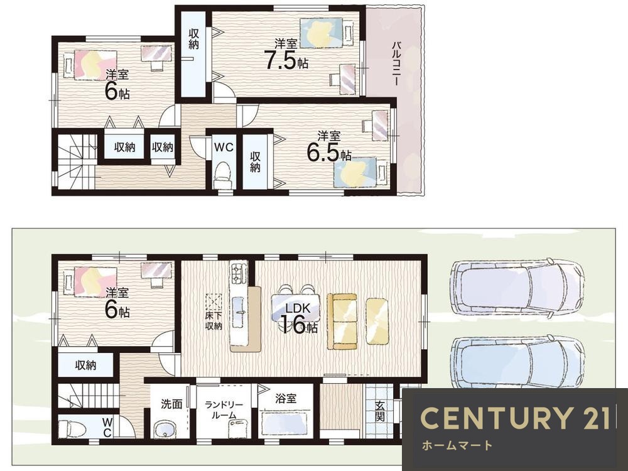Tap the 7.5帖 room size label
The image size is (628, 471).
click(286, 61)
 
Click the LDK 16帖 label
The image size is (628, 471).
click(298, 318)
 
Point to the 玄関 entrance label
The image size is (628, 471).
click(380, 411)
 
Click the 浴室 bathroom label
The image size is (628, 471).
click(286, 399)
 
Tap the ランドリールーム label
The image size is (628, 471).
click(224, 410)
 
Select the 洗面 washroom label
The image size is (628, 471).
click(171, 404)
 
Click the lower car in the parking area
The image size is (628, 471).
click(517, 361)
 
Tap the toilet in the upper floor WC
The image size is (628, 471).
click(223, 175)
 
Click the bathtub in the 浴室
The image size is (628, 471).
click(284, 424)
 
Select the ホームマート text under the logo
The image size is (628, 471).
click(457, 445)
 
